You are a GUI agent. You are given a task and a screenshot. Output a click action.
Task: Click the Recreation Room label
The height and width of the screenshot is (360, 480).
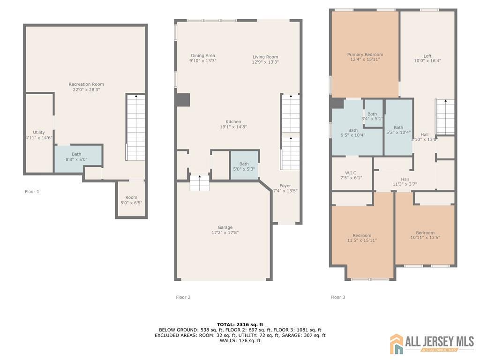pyautogui.click(x=86, y=87)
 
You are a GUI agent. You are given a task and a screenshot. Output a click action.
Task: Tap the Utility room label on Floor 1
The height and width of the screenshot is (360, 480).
pyautogui.click(x=39, y=135)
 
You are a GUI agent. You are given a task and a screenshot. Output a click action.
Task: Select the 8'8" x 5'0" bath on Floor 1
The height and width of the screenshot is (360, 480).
pyautogui.click(x=76, y=157)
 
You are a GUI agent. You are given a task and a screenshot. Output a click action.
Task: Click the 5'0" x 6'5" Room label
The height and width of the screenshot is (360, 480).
pyautogui.click(x=131, y=200)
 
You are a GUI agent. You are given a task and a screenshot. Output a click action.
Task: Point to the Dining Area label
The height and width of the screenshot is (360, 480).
pyautogui.click(x=203, y=58)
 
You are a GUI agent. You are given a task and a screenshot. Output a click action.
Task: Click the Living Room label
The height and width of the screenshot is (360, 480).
pyautogui.click(x=265, y=60)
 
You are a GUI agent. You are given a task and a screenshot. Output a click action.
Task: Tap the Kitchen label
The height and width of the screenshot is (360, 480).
pyautogui.click(x=233, y=124)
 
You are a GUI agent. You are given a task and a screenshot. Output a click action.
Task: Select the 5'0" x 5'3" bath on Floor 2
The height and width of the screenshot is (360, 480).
pyautogui.click(x=244, y=166)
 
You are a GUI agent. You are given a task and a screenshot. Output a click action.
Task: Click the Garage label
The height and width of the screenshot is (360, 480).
pyautogui.click(x=225, y=230)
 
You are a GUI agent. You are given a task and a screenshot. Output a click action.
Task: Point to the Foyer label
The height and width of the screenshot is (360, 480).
pyautogui.click(x=285, y=188)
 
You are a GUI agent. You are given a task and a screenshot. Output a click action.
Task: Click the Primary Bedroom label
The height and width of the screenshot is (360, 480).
pyautogui.click(x=365, y=57)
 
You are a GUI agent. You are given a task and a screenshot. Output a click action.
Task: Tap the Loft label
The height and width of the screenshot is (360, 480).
pyautogui.click(x=427, y=58)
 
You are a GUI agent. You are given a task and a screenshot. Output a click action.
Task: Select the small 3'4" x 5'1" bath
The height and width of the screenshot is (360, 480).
pyautogui.click(x=372, y=116)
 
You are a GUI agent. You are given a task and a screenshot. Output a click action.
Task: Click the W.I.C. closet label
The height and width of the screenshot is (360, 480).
pyautogui.click(x=351, y=175)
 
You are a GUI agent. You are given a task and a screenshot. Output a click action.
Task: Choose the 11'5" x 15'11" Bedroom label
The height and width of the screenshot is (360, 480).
pyautogui.click(x=362, y=238)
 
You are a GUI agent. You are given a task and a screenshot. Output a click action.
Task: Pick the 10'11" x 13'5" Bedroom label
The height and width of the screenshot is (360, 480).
pyautogui.click(x=425, y=235)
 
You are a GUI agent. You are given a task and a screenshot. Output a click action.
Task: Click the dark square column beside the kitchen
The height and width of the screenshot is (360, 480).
pyautogui.click(x=183, y=100)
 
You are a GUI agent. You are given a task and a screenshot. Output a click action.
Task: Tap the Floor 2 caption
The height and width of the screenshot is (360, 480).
pyautogui.click(x=183, y=297)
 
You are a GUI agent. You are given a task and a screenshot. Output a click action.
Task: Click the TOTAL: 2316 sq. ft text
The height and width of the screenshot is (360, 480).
pyautogui.click(x=240, y=324)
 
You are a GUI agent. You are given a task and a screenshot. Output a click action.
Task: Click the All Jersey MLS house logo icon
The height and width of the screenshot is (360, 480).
pyautogui.click(x=397, y=344)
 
